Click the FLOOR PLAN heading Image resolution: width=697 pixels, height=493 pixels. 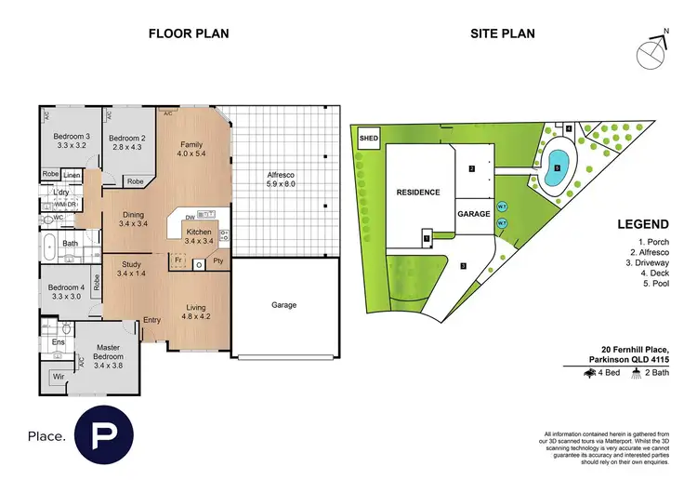tap(189, 34)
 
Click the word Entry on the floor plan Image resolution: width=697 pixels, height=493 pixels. tap(151, 321)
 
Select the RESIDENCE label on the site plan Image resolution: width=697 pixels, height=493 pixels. tap(417, 193)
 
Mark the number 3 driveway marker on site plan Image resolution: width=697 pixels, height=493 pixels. tap(463, 265)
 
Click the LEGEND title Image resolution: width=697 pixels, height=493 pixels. tap(642, 225)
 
